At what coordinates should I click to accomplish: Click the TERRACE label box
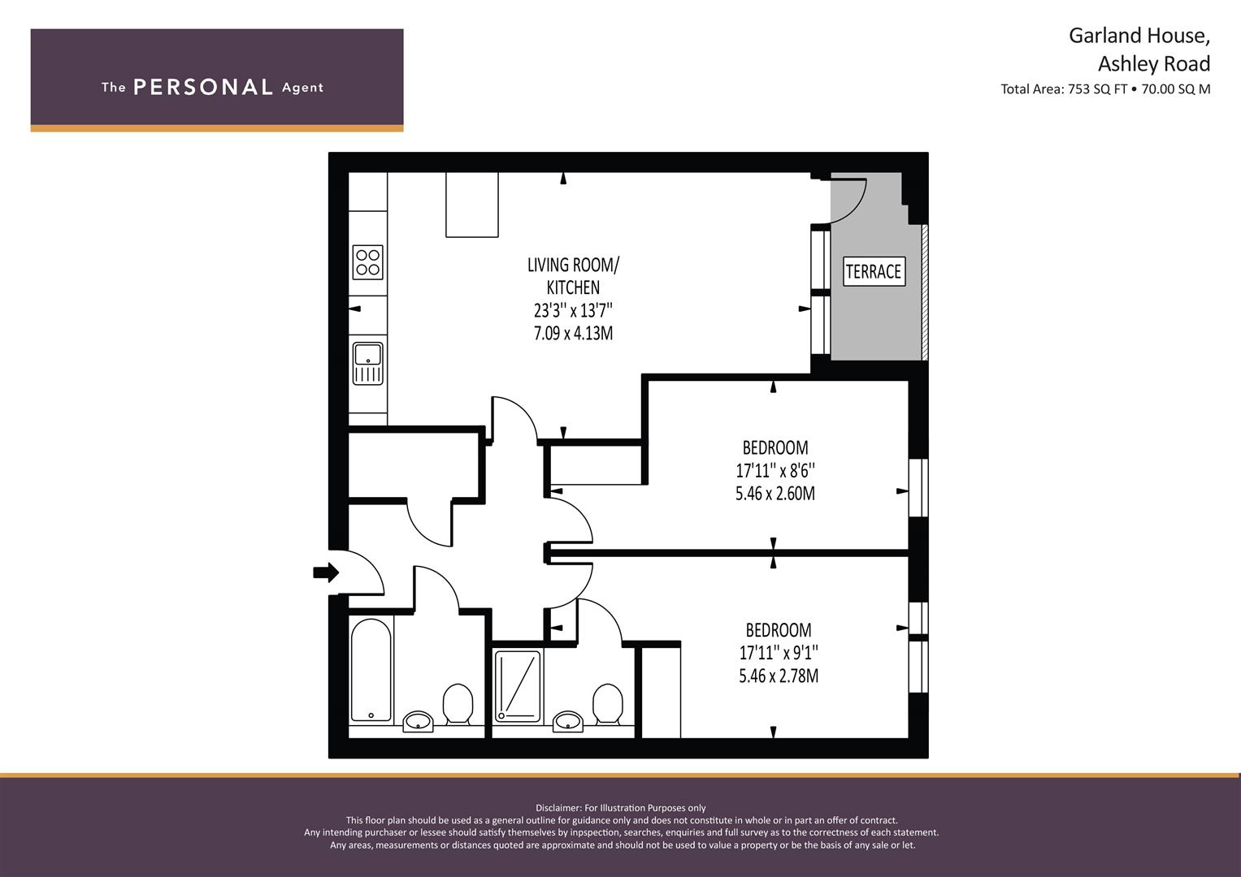(874, 271)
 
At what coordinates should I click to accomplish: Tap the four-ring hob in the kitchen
(368, 261)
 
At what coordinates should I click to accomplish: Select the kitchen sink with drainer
(368, 363)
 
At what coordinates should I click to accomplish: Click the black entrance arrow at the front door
(326, 572)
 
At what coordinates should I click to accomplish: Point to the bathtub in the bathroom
(371, 671)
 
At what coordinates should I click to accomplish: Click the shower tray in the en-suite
(518, 686)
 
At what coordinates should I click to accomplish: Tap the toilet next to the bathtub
(458, 704)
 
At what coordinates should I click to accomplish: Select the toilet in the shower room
(608, 704)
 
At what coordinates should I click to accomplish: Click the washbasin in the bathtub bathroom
(418, 721)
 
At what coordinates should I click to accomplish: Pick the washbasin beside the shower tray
(568, 721)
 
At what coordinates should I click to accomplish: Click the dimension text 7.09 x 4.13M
(574, 333)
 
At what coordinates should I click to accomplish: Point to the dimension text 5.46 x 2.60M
(775, 494)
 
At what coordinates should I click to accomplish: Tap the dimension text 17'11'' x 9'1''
(779, 653)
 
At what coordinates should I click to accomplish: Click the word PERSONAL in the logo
(203, 87)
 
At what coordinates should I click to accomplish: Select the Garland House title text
(1139, 36)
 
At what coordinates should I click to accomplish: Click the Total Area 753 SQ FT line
(1105, 89)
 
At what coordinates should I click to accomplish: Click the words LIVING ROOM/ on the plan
(574, 266)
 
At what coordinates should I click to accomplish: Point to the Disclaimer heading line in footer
(621, 808)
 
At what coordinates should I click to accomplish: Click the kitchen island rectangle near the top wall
(472, 205)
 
